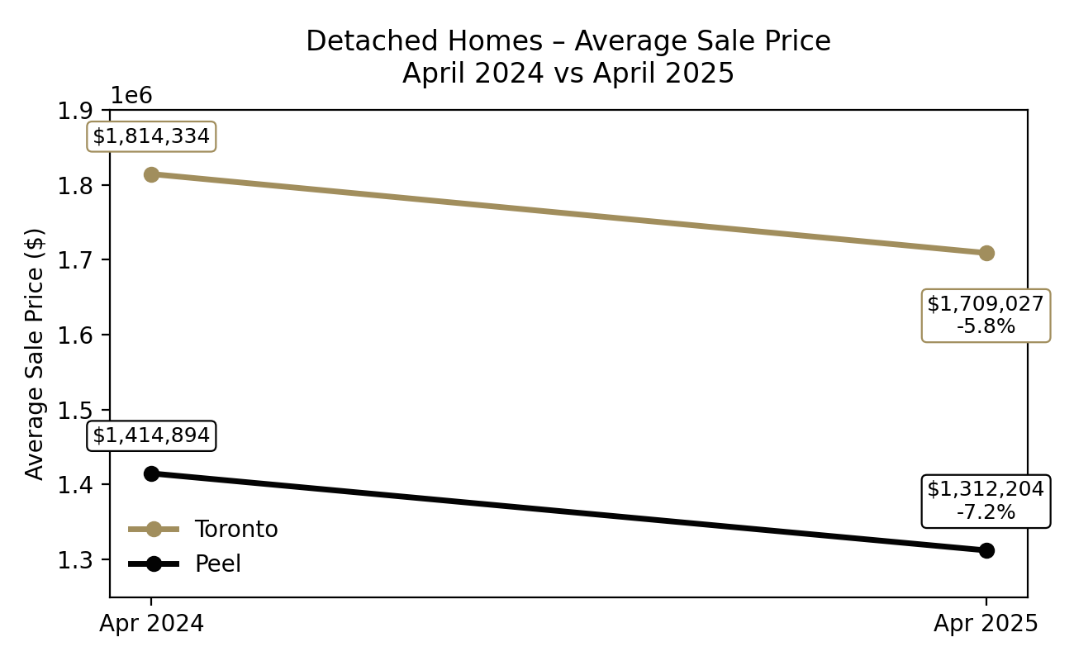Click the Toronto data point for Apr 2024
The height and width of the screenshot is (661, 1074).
pos(151,174)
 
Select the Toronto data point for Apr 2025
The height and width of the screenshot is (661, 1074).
pos(986,253)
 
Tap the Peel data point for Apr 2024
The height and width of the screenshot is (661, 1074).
pos(151,473)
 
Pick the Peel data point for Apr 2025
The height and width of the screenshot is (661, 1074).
pos(986,550)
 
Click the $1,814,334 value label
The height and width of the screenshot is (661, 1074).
pos(151,136)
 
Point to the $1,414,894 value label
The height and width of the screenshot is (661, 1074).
pos(151,435)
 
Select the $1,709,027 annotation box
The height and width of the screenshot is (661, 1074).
pos(986,315)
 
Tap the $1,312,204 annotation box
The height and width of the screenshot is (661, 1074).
pos(986,501)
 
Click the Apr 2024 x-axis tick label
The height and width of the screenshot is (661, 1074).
pos(151,624)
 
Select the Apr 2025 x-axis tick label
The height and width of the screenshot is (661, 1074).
pos(986,624)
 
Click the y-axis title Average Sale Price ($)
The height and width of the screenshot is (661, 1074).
pos(35,353)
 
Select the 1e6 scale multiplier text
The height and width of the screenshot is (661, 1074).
pos(132,95)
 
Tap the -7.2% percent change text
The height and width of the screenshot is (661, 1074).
pos(986,512)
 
